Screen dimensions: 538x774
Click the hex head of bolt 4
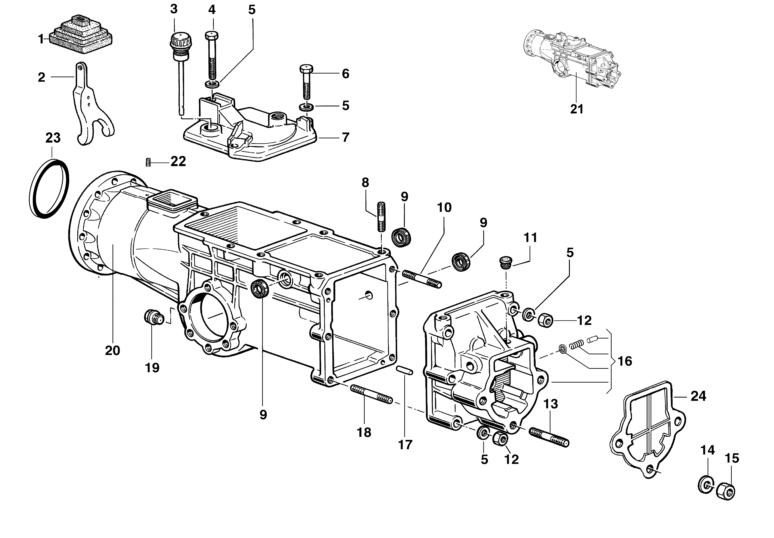click(x=211, y=35)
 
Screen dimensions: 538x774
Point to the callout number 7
click(x=345, y=137)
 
